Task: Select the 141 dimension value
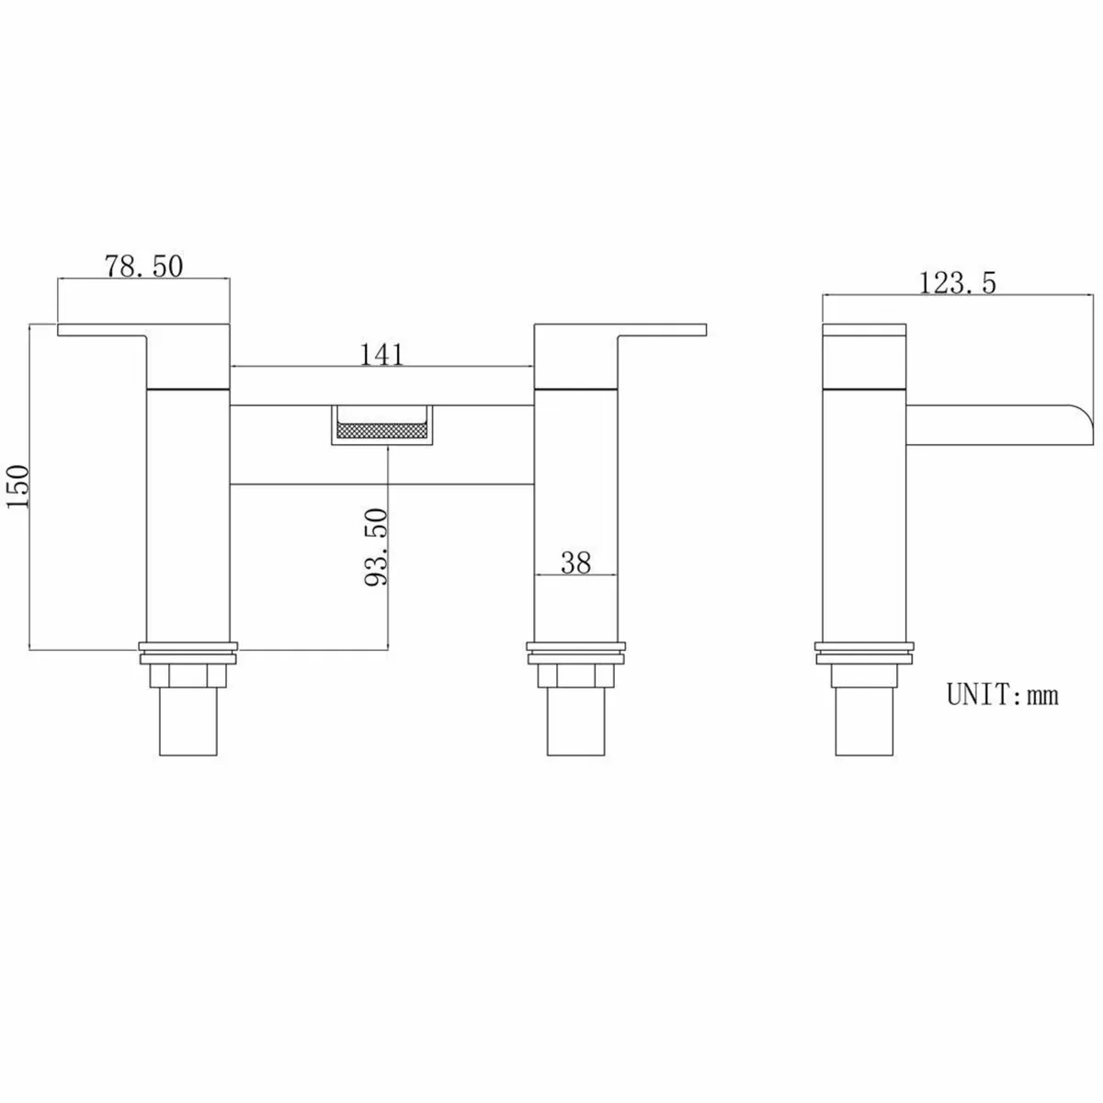click(381, 354)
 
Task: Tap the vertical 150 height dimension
click(20, 487)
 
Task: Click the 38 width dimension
click(575, 563)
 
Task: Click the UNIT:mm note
click(1003, 694)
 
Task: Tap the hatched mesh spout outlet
click(381, 428)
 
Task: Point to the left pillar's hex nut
click(188, 677)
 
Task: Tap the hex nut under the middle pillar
click(575, 677)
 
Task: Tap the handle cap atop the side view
click(864, 354)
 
